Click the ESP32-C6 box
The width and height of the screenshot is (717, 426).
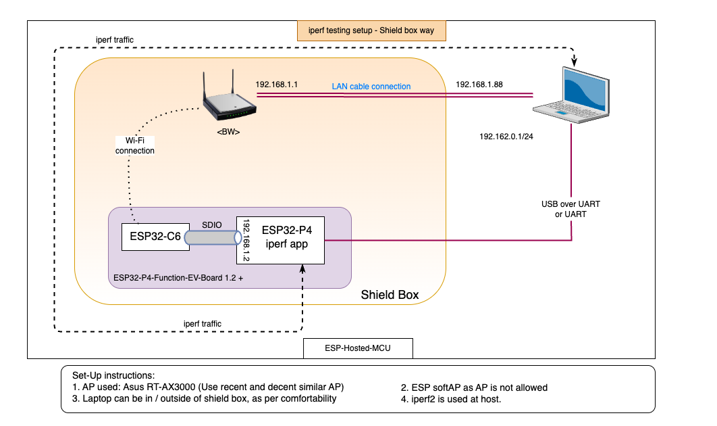(155, 237)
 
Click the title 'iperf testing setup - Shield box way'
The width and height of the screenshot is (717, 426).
(371, 30)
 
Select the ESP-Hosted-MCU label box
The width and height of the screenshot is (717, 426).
(358, 348)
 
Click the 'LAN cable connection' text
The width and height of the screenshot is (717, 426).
(371, 87)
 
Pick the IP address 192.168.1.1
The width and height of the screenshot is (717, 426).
(277, 85)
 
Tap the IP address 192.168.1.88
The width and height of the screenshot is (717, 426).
(479, 85)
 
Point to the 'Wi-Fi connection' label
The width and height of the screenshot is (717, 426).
(135, 145)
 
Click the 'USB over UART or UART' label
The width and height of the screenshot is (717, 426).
(571, 209)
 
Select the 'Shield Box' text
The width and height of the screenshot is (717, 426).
(390, 295)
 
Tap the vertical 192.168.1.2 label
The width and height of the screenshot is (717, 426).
(246, 240)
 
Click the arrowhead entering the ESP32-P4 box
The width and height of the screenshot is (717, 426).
(302, 268)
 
